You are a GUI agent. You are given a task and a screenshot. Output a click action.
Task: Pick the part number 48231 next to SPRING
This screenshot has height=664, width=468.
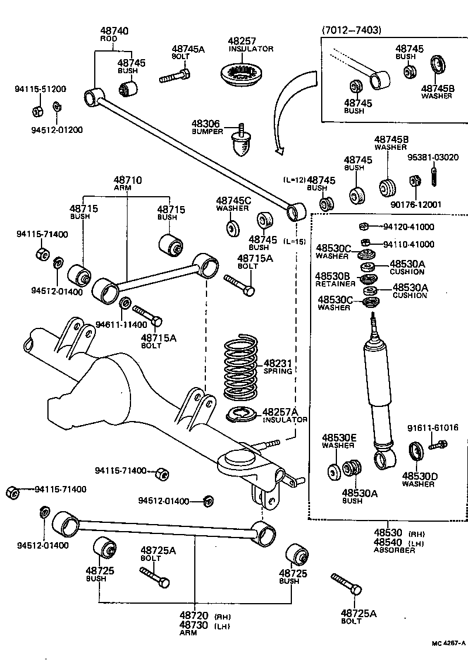[x=277, y=363]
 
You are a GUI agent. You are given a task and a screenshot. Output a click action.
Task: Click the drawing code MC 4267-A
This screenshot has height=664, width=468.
[x=448, y=643]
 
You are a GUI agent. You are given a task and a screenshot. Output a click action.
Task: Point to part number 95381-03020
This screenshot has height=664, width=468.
[x=433, y=158]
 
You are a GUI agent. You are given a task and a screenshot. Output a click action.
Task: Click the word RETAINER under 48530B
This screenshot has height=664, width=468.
[x=335, y=284]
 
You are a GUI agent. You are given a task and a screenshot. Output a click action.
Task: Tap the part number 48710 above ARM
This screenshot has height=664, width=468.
[x=128, y=180]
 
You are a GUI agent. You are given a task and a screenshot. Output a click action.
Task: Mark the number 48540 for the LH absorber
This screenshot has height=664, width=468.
[x=388, y=543]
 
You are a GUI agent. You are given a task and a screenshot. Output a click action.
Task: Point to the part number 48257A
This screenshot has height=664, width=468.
[x=280, y=412]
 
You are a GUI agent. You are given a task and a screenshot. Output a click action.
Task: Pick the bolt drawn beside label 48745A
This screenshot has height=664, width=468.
[x=174, y=76]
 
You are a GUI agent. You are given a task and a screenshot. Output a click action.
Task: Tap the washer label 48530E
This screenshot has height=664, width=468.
[x=338, y=437]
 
